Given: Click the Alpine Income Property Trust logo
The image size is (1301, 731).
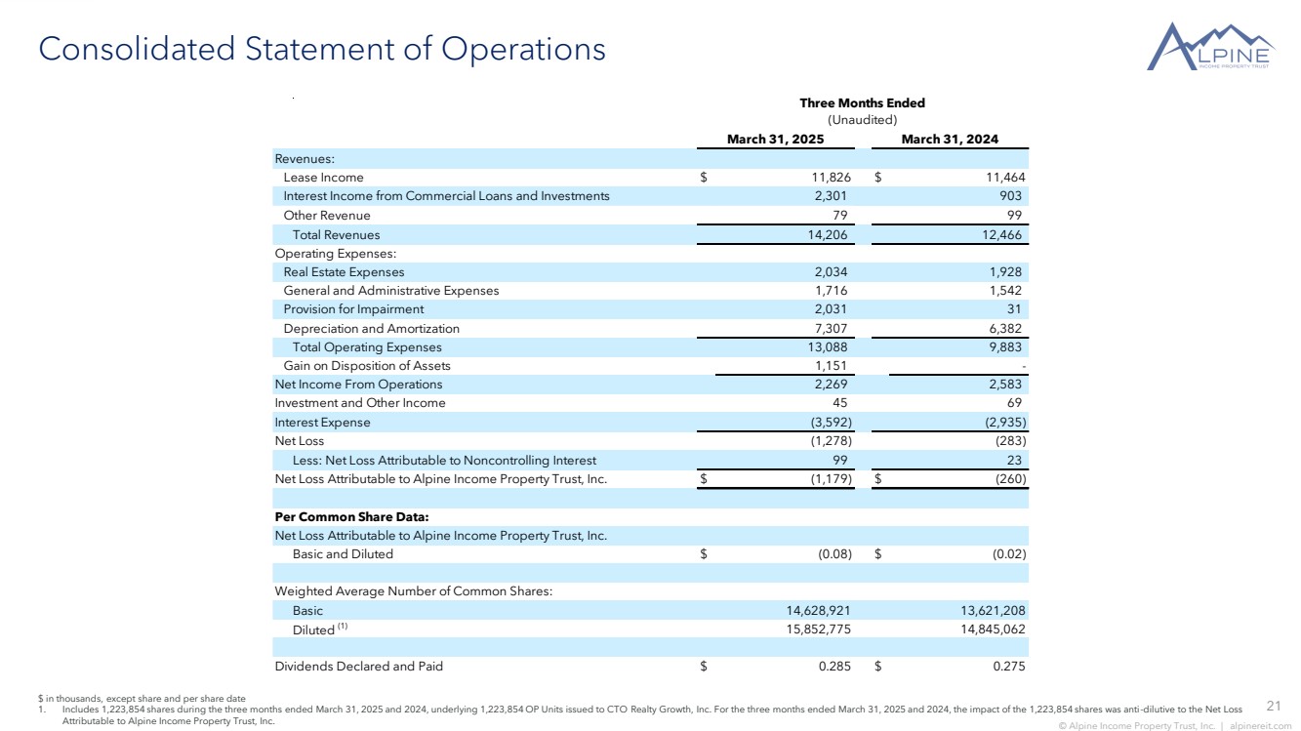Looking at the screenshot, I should (1210, 47).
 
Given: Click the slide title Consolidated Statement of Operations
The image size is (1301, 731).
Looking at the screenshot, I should (321, 49).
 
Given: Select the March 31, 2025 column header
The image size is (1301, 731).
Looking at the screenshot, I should (775, 140).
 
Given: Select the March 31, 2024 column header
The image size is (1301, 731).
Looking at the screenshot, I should (950, 140).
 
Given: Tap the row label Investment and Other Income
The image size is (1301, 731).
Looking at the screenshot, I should (359, 403).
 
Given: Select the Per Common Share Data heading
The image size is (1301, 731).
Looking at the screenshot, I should (351, 516).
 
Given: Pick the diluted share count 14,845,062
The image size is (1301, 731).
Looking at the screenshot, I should (986, 629).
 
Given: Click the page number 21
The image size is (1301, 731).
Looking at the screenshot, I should (1273, 706).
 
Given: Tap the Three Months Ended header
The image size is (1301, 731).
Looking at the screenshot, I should (862, 103).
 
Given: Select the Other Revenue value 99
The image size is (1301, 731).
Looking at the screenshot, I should (1015, 216).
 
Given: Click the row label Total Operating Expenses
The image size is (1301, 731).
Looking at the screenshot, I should (367, 347).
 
